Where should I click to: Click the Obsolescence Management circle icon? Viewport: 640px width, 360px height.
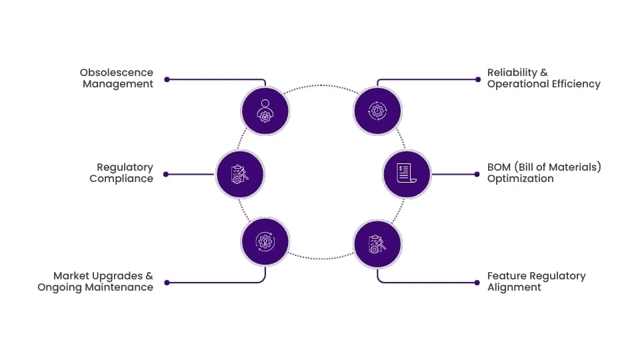265,111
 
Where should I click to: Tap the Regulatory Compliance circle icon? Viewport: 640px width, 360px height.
240,174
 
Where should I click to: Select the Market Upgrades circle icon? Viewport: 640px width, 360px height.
265,241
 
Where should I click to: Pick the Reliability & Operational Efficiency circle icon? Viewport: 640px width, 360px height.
377,111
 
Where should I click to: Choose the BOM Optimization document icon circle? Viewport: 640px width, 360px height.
407,174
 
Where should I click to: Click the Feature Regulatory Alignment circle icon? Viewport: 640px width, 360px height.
377,244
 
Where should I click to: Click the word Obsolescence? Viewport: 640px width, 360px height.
116,73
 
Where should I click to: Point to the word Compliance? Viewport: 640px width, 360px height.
121,179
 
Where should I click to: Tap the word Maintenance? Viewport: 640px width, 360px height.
119,287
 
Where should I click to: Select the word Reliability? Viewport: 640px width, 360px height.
512,73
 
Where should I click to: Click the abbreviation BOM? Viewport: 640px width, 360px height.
499,167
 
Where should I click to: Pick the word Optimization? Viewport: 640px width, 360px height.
521,179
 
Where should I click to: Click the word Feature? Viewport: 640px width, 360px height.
505,276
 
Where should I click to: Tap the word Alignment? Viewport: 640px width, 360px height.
514,287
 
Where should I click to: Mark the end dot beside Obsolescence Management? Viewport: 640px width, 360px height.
167,79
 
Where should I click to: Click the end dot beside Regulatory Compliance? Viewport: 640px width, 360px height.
166,174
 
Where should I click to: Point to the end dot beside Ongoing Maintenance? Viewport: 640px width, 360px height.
167,283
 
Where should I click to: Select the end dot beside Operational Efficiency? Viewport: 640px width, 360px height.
478,79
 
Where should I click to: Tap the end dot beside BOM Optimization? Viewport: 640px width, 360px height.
477,174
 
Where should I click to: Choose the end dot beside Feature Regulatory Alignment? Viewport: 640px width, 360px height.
477,283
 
